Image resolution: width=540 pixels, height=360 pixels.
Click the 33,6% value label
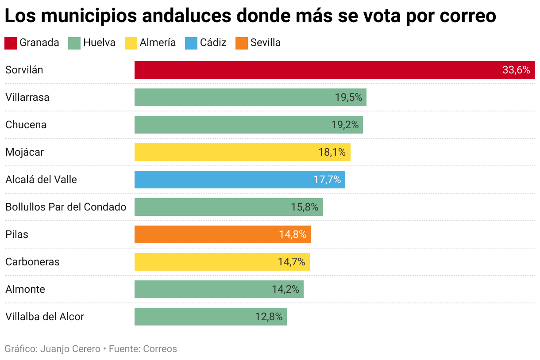click(x=516, y=70)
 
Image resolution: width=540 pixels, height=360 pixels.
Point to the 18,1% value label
click(x=332, y=152)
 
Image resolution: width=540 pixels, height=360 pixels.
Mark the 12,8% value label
click(x=269, y=317)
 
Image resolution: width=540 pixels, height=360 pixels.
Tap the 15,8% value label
click(x=305, y=207)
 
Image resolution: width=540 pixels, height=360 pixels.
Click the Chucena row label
click(x=26, y=125)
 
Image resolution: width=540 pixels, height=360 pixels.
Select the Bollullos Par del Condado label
click(x=66, y=207)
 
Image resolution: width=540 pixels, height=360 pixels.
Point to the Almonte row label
click(x=25, y=289)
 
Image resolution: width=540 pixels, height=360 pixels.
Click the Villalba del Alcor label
click(x=45, y=317)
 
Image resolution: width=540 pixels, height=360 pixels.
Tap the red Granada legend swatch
click(x=11, y=43)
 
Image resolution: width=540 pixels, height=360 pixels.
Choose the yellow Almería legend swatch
click(x=131, y=43)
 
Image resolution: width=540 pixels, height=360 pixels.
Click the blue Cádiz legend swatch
click(x=191, y=43)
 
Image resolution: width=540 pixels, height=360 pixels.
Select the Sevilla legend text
click(x=266, y=43)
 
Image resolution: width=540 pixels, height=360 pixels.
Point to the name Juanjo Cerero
click(x=70, y=349)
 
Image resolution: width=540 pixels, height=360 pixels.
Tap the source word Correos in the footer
click(x=160, y=349)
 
